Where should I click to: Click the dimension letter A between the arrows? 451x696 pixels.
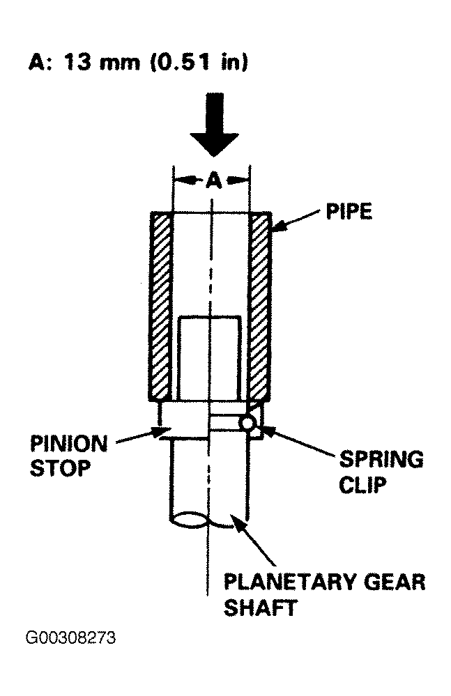(x=213, y=180)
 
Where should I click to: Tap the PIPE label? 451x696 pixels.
(x=349, y=212)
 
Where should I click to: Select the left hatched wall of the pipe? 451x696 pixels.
(x=160, y=307)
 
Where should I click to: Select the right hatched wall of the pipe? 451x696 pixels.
(x=260, y=307)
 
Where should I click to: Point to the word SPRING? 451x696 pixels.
(x=381, y=459)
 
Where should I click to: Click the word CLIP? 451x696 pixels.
(x=362, y=484)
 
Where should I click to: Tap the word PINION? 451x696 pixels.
(x=69, y=444)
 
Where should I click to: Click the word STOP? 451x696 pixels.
(x=60, y=468)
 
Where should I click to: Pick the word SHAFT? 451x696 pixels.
(x=260, y=608)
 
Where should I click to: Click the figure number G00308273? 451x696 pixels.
(x=70, y=638)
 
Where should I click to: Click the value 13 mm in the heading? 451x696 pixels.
(x=102, y=62)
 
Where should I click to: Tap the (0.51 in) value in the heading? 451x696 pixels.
(x=199, y=62)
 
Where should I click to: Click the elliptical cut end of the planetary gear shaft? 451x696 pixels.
(x=190, y=520)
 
